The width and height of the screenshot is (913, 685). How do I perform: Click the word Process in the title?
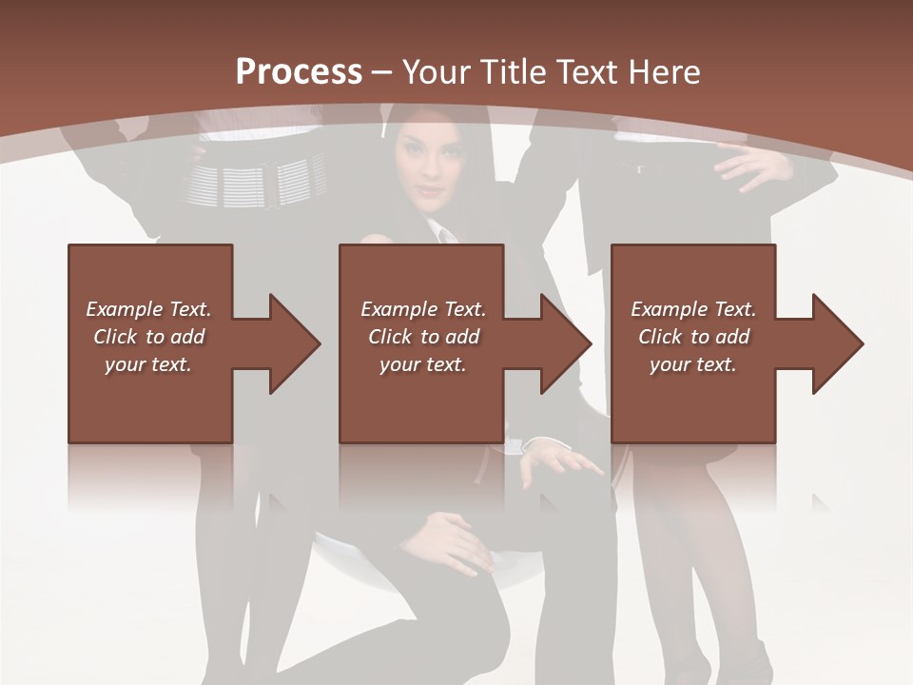pos(299,72)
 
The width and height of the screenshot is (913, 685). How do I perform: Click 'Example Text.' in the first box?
pos(149,309)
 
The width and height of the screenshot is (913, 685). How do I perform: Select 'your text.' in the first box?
pos(149,364)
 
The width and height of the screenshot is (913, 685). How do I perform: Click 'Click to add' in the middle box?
pos(423,337)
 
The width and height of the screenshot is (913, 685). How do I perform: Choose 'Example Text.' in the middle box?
pos(423,309)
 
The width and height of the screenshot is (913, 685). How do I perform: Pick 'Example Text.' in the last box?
pos(693,309)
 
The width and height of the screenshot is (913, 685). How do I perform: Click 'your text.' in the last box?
pos(693,364)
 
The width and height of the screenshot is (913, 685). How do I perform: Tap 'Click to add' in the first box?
pos(149,337)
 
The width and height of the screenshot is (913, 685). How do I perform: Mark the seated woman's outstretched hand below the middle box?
pos(561,460)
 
